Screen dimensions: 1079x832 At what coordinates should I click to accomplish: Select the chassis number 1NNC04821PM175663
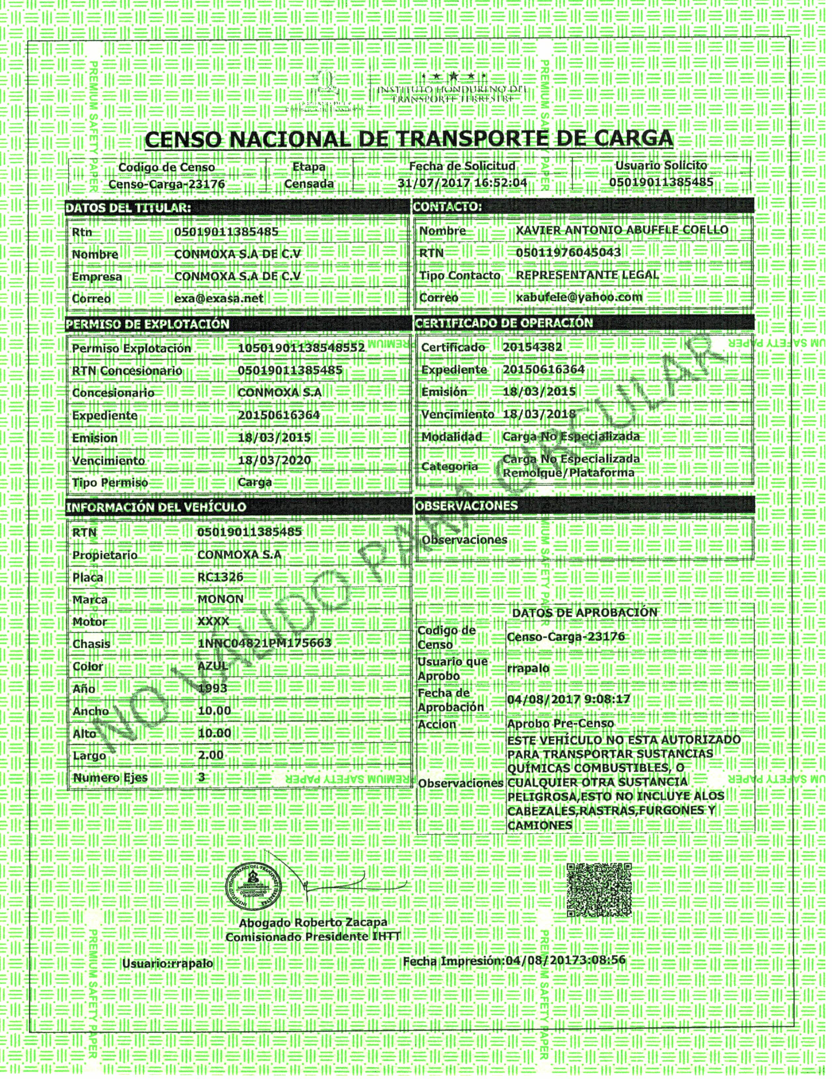pyautogui.click(x=264, y=643)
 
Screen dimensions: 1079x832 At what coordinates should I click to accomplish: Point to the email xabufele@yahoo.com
pyautogui.click(x=579, y=297)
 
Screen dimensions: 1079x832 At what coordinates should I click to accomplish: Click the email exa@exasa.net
pyautogui.click(x=219, y=298)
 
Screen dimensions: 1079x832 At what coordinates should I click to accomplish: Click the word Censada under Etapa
pyautogui.click(x=309, y=184)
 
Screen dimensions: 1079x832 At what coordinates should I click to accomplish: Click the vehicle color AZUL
pyautogui.click(x=213, y=666)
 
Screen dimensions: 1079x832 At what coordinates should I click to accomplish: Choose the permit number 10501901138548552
pyautogui.click(x=301, y=348)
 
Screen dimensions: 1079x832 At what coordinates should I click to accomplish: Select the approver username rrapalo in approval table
pyautogui.click(x=528, y=669)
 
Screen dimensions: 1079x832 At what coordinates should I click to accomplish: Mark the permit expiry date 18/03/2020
pyautogui.click(x=274, y=460)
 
